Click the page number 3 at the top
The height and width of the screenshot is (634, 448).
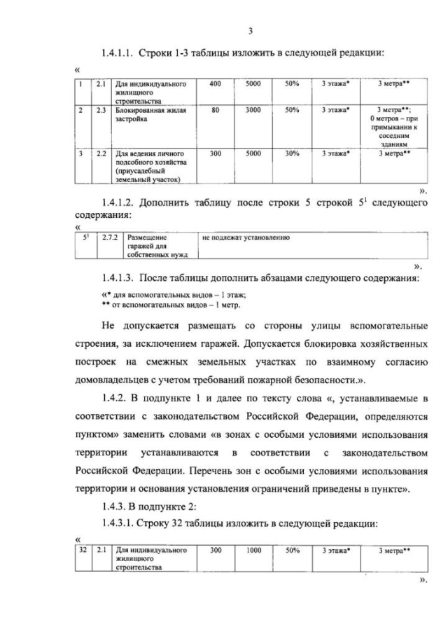click(250, 30)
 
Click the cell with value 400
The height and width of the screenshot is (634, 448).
click(215, 84)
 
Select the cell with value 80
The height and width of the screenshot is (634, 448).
click(215, 110)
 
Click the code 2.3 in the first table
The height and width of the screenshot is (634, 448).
click(101, 110)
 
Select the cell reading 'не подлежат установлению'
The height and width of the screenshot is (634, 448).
click(246, 238)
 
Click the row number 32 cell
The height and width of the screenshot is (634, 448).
click(83, 551)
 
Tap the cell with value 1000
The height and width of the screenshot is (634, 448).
click(253, 551)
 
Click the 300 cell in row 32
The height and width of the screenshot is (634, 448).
click(215, 551)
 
